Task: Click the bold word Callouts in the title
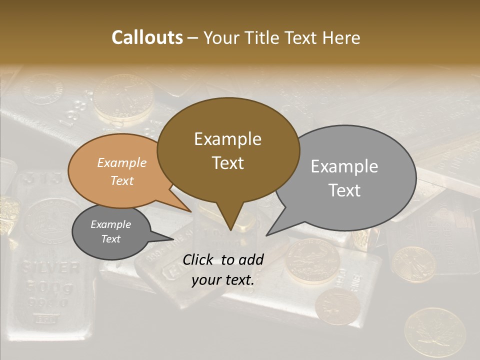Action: [147, 37]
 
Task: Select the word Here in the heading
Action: [341, 37]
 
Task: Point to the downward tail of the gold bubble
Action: [230, 220]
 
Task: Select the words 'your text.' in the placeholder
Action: [223, 280]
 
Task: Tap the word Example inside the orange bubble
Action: [121, 162]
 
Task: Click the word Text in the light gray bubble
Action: [345, 190]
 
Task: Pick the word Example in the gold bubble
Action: [227, 139]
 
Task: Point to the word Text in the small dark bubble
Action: [110, 239]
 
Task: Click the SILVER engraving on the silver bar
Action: [50, 268]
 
